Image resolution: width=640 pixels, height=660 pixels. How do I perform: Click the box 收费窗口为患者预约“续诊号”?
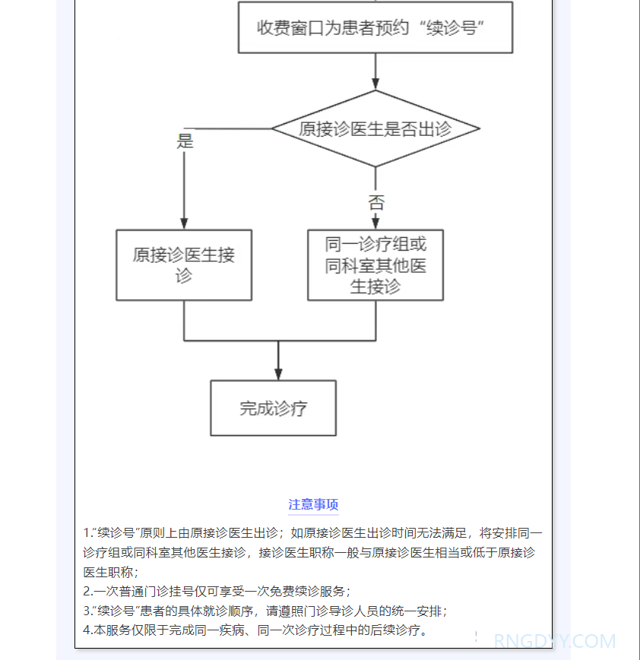[x=375, y=27]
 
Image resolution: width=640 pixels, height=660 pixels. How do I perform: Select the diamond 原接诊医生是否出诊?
[x=375, y=128]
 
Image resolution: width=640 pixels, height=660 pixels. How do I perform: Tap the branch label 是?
[x=185, y=141]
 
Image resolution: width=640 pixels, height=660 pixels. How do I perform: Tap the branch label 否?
[x=376, y=203]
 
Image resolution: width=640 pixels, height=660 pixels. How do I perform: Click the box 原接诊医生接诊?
[x=184, y=265]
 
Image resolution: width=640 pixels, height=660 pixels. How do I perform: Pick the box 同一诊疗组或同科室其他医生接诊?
[x=375, y=265]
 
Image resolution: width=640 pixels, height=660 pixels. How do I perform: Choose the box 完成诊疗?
[x=273, y=408]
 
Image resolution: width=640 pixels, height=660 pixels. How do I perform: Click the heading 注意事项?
[x=313, y=505]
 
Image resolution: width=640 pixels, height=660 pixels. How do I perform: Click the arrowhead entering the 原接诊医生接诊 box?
[x=184, y=223]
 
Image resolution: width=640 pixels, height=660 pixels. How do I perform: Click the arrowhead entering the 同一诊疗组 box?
[x=375, y=223]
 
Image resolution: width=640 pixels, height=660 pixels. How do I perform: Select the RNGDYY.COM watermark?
[x=555, y=642]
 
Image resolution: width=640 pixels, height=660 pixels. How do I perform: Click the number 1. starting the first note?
[x=87, y=533]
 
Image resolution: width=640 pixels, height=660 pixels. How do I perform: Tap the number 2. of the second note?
[x=87, y=592]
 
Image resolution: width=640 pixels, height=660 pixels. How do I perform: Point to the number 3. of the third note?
[x=87, y=611]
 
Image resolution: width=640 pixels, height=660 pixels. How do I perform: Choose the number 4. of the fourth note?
[x=87, y=630]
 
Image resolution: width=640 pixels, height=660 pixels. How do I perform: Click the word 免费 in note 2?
[x=275, y=592]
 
